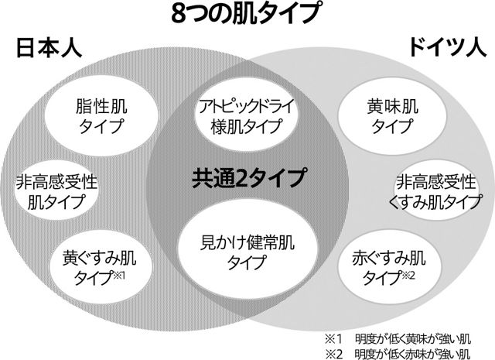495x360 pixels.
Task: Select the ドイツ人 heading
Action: click(x=444, y=47)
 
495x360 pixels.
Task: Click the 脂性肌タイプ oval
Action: click(x=96, y=115)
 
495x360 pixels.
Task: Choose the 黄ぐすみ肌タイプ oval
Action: click(x=97, y=266)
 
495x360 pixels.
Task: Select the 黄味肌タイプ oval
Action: click(x=394, y=115)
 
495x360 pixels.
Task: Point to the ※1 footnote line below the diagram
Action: click(x=399, y=338)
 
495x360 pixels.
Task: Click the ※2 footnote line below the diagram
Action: click(x=399, y=353)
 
